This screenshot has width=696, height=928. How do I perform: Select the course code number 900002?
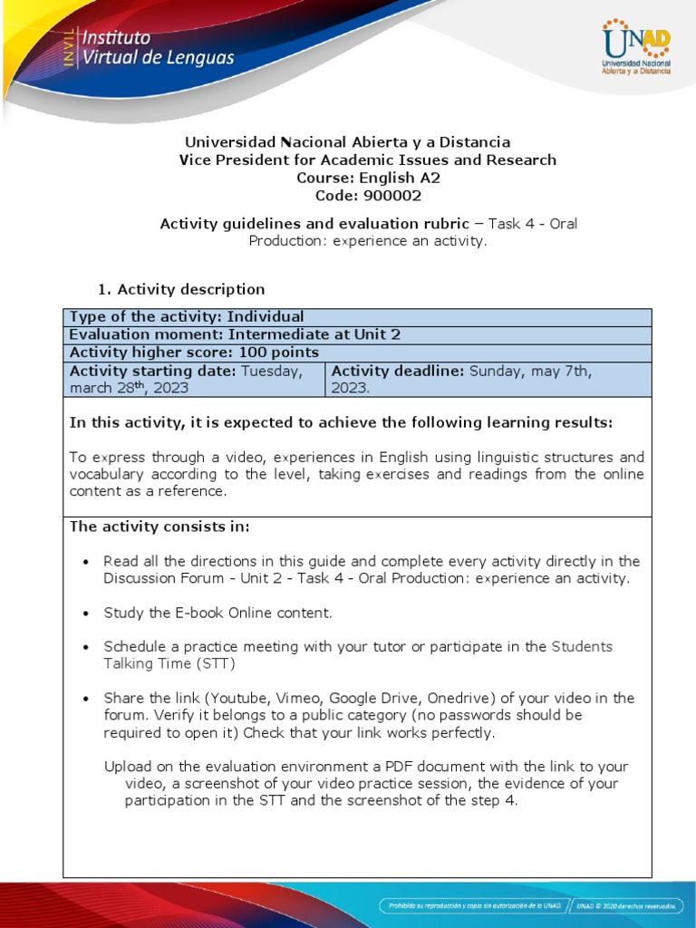[392, 196]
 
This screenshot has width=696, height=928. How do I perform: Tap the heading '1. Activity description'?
[181, 289]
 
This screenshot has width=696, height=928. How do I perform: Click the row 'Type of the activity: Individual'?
[187, 316]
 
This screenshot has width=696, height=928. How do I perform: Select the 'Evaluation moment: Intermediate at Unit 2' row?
[235, 334]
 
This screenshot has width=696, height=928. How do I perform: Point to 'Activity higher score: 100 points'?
[194, 353]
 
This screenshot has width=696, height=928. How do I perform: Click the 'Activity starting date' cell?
[193, 379]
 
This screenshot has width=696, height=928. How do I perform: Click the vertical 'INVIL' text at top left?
[68, 46]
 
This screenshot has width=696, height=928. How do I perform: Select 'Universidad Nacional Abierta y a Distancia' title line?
[347, 142]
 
